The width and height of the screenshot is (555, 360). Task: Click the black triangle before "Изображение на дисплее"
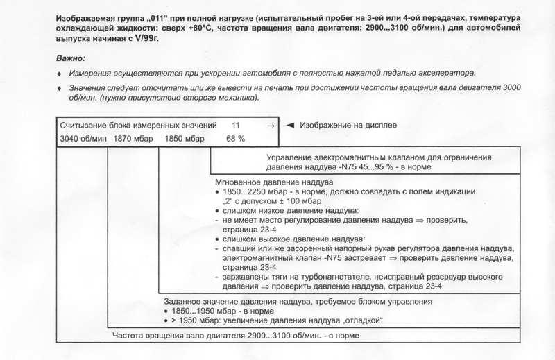click(x=292, y=126)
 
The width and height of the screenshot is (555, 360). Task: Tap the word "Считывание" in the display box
click(x=80, y=126)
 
